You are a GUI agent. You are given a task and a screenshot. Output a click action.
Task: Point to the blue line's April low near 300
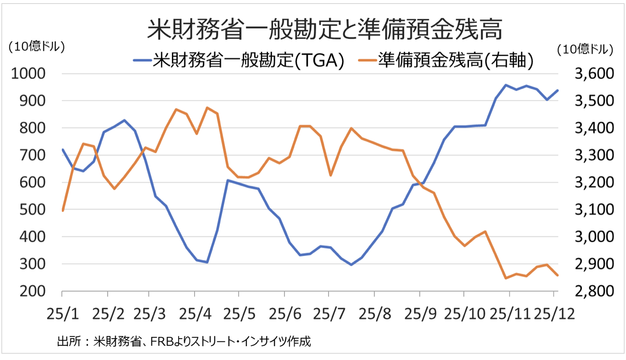[x=207, y=262]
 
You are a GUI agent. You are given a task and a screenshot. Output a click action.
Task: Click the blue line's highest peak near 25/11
[x=506, y=85]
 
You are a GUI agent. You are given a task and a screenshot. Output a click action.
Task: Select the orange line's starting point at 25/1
[x=63, y=210]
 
